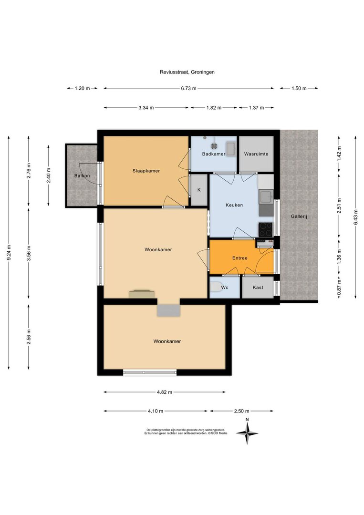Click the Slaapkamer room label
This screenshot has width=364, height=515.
[146, 171]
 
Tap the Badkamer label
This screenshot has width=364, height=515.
[214, 154]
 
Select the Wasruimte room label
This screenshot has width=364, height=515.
[256, 154]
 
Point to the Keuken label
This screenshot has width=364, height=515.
[234, 205]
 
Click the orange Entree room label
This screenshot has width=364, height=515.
[240, 258]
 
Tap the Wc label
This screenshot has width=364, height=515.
[225, 288]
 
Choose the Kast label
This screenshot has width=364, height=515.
[258, 288]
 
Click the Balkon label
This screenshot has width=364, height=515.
[82, 175]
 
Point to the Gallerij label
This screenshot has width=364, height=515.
[299, 217]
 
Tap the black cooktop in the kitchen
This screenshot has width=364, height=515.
[265, 229]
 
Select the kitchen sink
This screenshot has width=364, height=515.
[265, 197]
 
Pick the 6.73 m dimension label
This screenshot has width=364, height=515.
[188, 88]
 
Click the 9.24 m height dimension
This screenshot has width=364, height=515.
[9, 253]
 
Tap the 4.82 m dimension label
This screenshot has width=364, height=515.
[164, 392]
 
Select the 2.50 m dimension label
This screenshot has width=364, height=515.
[241, 411]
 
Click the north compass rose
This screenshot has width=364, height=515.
[247, 433]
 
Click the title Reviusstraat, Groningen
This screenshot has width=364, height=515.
[187, 72]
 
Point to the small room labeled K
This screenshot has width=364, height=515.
[199, 190]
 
